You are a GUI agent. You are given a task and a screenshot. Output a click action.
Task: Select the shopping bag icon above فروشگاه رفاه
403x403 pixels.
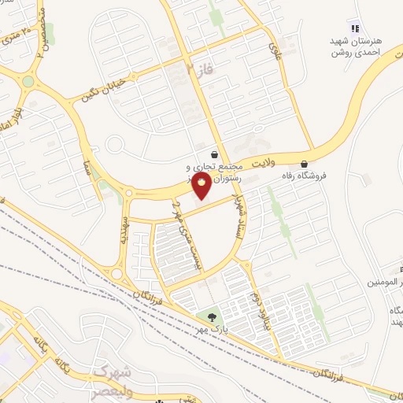304,165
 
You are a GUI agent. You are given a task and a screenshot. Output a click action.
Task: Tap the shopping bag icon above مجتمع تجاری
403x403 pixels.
215,155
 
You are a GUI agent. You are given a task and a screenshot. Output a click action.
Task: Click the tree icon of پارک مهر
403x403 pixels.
211,318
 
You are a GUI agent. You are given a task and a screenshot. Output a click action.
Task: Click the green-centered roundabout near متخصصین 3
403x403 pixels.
28,81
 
